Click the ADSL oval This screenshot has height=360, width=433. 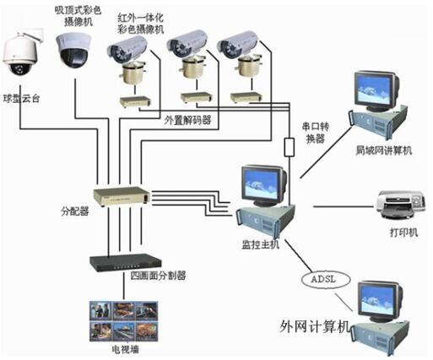(326, 279)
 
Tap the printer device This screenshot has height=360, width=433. (401, 205)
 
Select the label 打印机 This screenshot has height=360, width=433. (403, 233)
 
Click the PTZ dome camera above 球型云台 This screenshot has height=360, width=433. (20, 55)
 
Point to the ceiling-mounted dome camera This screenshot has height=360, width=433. (73, 50)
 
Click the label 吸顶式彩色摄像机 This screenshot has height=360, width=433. (78, 16)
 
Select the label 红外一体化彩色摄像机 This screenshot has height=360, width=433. (141, 24)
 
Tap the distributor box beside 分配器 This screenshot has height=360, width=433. (122, 196)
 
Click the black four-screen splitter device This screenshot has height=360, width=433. (125, 263)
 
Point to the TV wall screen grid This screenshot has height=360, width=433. (124, 321)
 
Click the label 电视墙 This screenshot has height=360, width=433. (126, 349)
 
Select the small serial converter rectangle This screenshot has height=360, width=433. (290, 147)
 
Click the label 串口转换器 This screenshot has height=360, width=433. (316, 132)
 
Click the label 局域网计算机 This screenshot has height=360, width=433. (384, 151)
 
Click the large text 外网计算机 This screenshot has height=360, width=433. (315, 326)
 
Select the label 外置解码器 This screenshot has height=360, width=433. (187, 121)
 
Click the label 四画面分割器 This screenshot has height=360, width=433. (158, 276)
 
